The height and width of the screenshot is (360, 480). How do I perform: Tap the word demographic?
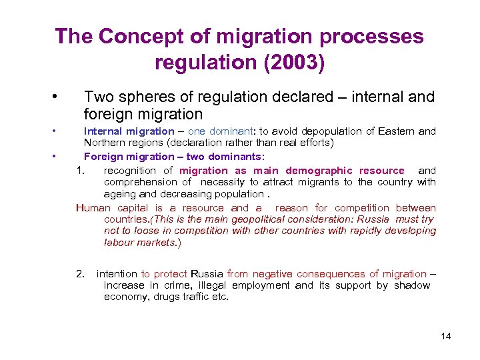(x=323, y=171)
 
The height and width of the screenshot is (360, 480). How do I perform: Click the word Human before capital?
(x=93, y=208)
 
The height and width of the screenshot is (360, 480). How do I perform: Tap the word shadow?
(x=412, y=285)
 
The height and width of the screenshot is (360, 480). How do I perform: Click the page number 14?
(x=446, y=336)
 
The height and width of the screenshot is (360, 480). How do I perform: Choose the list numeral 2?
(x=80, y=274)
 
